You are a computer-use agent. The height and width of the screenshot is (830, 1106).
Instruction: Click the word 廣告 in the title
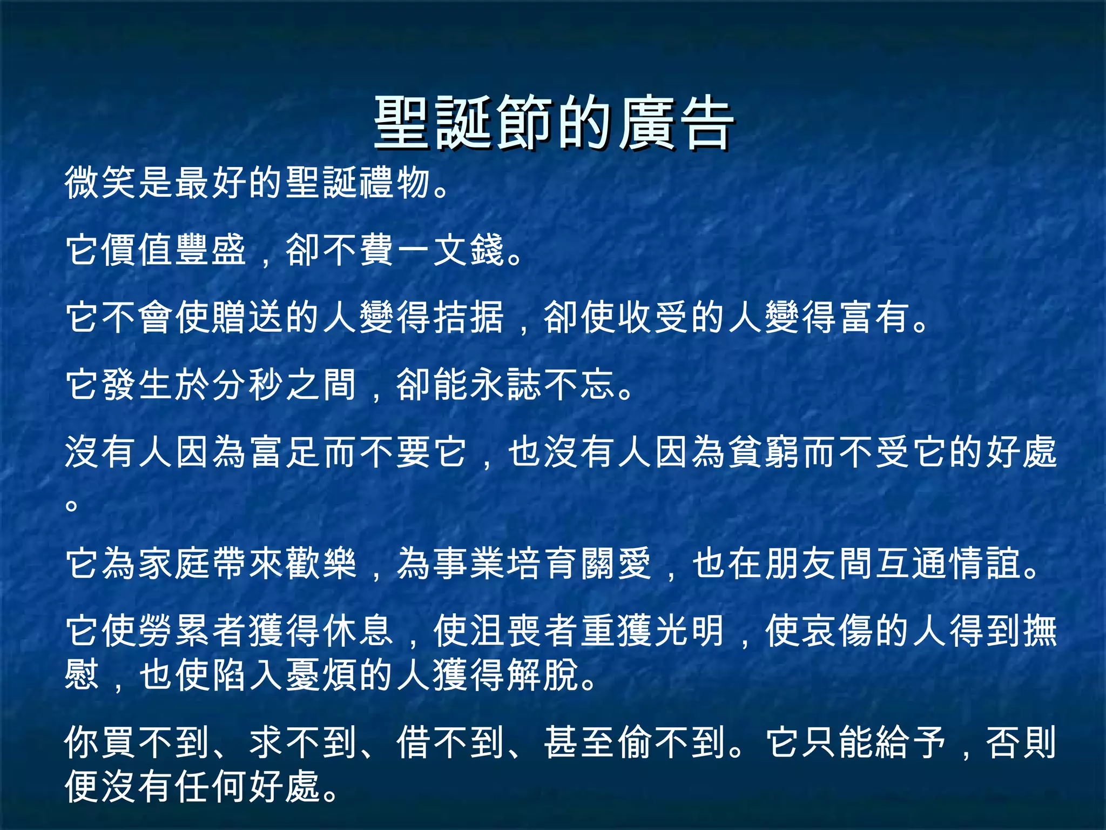click(676, 123)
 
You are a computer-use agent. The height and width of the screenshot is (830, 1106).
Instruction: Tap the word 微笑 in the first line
click(101, 183)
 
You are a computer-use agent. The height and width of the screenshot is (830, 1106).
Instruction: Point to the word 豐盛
click(211, 250)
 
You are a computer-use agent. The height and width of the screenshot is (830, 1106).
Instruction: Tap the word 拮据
click(468, 317)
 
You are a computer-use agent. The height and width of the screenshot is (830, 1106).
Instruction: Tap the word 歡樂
click(321, 564)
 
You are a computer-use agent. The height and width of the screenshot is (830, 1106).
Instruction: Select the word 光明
click(690, 631)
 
